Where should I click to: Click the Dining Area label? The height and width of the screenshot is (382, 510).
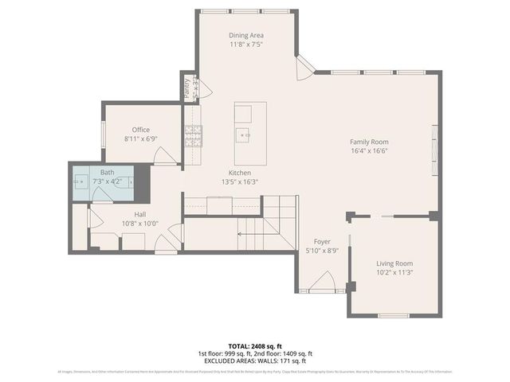246,36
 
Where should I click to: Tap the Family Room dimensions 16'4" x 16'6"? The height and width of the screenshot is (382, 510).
369,151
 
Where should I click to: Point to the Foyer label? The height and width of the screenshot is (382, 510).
322,241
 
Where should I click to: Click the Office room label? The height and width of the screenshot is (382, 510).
141,130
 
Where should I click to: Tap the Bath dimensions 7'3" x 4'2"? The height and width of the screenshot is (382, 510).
108,181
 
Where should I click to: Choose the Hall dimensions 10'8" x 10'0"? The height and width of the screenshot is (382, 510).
140,224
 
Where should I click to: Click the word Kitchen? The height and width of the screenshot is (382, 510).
240,173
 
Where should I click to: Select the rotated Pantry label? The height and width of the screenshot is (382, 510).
187,87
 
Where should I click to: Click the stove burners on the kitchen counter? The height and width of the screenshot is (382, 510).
193,138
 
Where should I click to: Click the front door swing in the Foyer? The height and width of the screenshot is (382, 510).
323,281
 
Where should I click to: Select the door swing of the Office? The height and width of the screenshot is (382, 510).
165,156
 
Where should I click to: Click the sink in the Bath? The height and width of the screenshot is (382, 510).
81,181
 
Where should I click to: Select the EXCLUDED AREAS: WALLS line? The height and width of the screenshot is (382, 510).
255,361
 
